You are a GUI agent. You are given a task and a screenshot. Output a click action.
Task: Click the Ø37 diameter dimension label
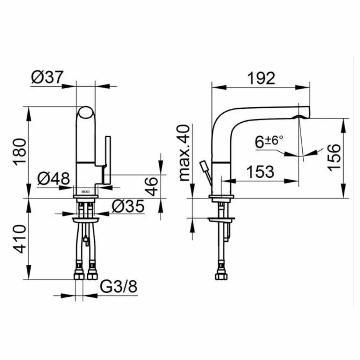(47, 78)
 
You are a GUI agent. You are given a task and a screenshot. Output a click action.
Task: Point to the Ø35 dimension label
(128, 207)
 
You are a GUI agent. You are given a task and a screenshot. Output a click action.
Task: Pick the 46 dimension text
(152, 186)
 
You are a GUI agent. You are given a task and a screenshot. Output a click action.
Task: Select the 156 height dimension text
(333, 157)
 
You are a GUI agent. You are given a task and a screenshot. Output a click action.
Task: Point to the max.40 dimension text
(186, 153)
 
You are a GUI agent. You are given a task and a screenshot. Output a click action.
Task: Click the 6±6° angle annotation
(269, 142)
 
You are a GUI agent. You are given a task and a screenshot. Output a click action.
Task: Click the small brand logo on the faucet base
(86, 192)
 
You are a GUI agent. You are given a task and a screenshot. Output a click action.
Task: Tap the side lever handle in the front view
(108, 159)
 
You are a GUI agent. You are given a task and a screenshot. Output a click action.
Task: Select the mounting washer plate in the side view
(221, 220)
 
